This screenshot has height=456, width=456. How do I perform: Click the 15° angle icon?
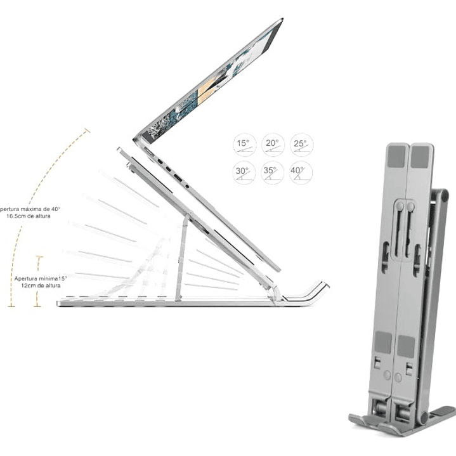pyautogui.click(x=244, y=145)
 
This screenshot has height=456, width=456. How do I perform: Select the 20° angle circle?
pyautogui.click(x=272, y=145)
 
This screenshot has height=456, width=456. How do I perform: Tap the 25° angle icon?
pyautogui.click(x=301, y=145)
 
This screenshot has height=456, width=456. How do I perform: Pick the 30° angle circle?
pyautogui.click(x=244, y=173)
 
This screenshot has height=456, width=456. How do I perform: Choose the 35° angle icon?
pyautogui.click(x=272, y=173)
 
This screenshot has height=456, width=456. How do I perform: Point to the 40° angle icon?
pyautogui.click(x=301, y=173)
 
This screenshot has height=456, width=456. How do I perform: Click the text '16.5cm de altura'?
pyautogui.click(x=30, y=216)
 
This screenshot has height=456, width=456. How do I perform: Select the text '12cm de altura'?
pyautogui.click(x=40, y=286)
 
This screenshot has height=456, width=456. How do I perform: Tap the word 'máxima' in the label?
pyautogui.click(x=31, y=209)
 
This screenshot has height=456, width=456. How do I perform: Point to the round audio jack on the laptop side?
pyautogui.click(x=188, y=186)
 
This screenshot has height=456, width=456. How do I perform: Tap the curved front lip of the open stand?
pyautogui.click(x=311, y=292)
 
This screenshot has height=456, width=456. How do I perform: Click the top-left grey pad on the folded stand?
pyautogui.click(x=396, y=156)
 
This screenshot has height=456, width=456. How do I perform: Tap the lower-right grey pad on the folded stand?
pyautogui.click(x=406, y=346)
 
